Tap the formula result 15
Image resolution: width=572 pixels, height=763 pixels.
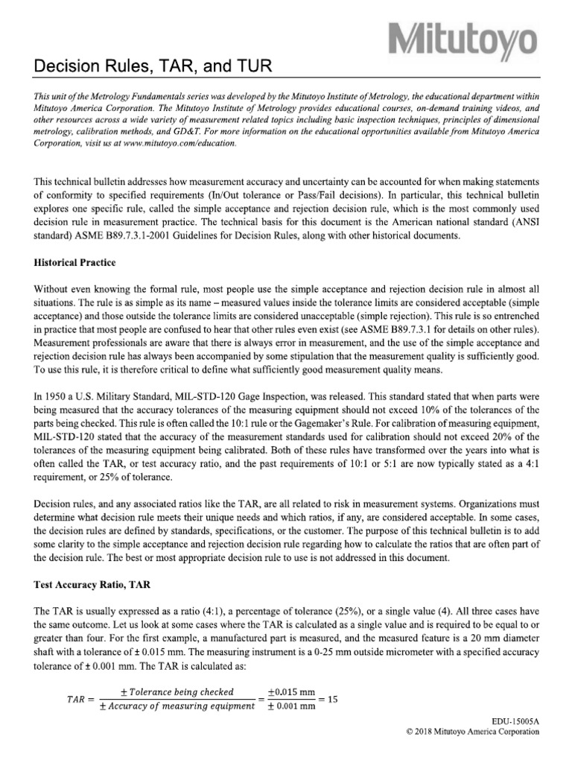[x=332, y=699]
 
